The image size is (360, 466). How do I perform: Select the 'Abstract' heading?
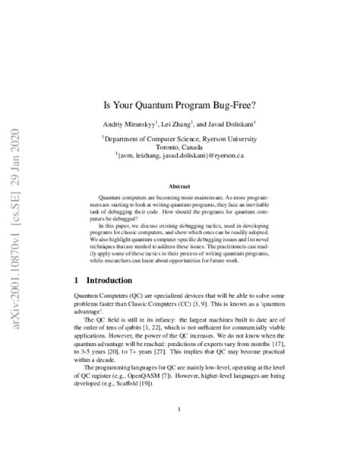179,185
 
